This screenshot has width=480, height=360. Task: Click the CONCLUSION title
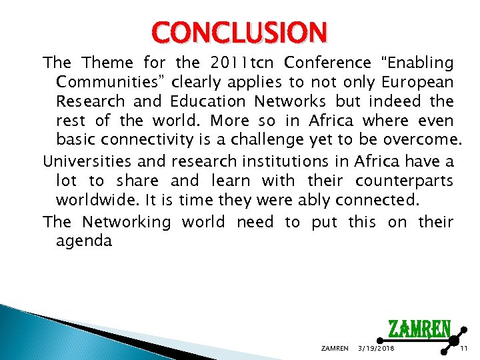239,32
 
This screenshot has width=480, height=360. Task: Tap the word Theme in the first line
107,63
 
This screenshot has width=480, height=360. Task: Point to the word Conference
327,63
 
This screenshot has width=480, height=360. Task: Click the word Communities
111,83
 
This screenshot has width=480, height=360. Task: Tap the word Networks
294,102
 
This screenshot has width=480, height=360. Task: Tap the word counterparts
405,181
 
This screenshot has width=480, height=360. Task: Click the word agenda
84,241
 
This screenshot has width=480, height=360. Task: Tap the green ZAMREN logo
419,330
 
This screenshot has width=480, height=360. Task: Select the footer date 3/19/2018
376,349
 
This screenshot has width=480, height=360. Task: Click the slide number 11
464,349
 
